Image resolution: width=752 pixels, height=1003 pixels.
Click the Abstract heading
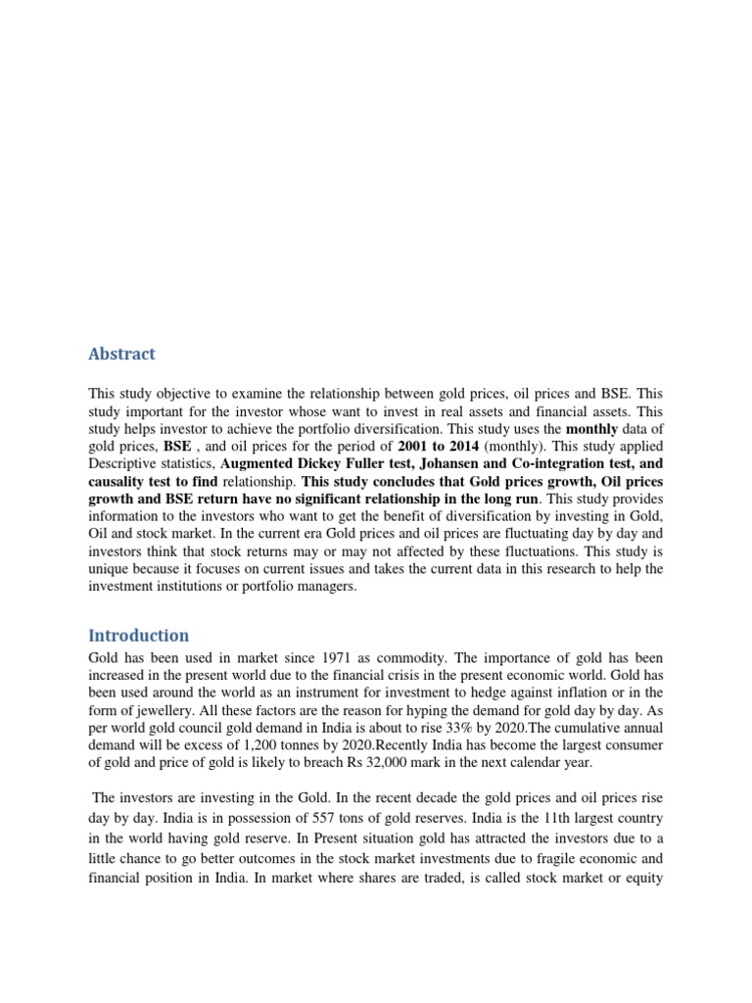[x=122, y=354]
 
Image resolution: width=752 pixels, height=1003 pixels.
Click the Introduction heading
[x=139, y=635]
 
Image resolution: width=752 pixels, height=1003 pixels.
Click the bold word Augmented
[x=262, y=463]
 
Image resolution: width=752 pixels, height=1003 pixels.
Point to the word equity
[x=644, y=879]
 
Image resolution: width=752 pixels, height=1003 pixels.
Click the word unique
[x=110, y=569]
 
